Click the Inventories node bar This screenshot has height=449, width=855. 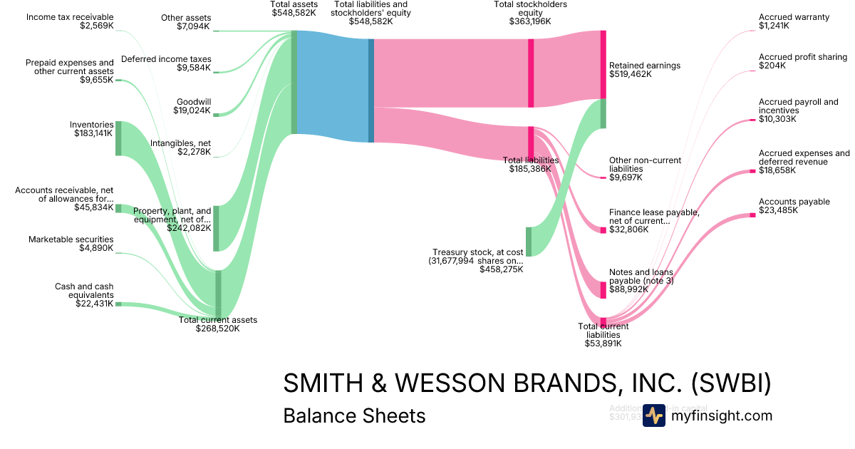(118, 138)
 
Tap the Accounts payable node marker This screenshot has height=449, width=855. (752, 215)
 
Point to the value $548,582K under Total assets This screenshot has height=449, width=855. (294, 13)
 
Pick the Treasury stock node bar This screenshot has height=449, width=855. (529, 241)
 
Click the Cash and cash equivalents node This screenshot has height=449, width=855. (118, 304)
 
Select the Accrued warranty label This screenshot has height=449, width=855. (794, 17)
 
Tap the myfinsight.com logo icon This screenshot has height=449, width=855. (653, 416)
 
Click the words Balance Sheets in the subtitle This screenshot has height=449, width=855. (354, 416)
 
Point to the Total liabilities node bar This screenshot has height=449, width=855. (531, 143)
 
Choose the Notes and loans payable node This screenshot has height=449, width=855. (603, 289)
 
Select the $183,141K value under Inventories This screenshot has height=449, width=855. (93, 133)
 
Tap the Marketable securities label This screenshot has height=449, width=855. (71, 239)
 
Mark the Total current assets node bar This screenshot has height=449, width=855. (218, 294)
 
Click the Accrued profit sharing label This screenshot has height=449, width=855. (803, 57)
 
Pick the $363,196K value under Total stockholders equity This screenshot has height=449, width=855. (531, 21)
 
